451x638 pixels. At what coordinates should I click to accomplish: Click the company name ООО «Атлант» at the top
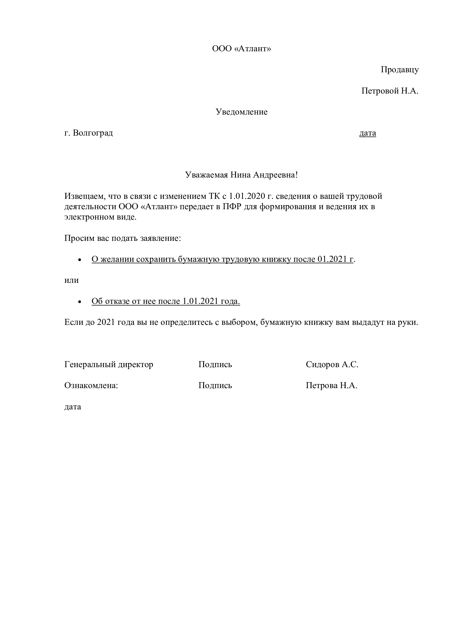point(241,49)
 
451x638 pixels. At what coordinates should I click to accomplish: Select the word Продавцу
point(400,70)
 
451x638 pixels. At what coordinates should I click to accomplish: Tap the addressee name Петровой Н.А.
point(390,91)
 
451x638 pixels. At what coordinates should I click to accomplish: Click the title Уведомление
point(242,112)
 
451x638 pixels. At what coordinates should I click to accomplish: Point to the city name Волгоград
point(93,133)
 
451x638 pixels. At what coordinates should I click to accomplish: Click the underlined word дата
point(368,133)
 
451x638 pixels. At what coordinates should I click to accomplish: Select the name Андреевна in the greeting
point(279,175)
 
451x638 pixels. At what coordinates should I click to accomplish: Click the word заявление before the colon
point(160,238)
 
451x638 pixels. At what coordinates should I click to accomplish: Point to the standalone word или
point(72,280)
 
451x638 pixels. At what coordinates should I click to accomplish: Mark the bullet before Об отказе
point(80,302)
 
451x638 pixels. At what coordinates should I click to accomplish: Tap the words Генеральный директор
point(109,365)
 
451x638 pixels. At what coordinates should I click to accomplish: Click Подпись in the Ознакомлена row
point(215,386)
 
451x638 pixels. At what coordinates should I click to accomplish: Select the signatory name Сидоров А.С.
point(332,365)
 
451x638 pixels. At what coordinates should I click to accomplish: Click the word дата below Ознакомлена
point(73,407)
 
